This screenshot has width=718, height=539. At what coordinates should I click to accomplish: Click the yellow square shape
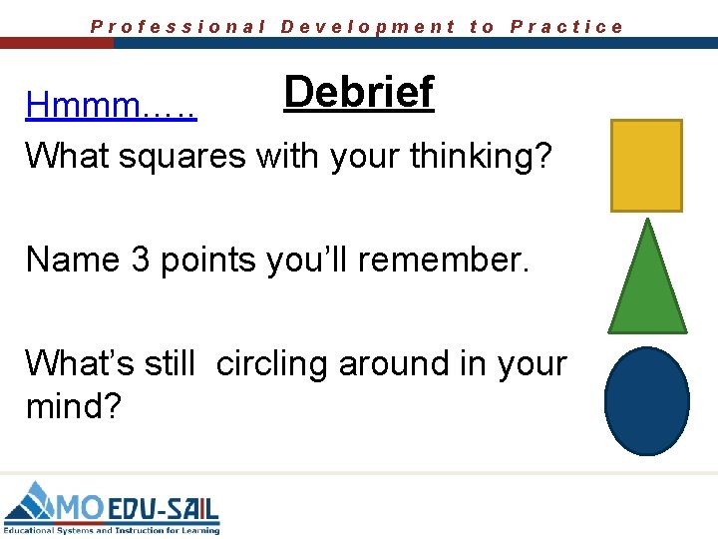click(x=646, y=166)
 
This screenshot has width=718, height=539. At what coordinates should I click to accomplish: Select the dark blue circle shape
click(x=647, y=400)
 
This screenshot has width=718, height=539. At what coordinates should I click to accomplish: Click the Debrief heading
click(x=358, y=92)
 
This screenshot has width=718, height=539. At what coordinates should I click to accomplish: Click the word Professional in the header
click(x=178, y=27)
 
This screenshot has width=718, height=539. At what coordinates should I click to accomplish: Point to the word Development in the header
click(x=368, y=27)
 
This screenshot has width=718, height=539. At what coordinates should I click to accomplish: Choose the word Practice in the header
click(x=566, y=27)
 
